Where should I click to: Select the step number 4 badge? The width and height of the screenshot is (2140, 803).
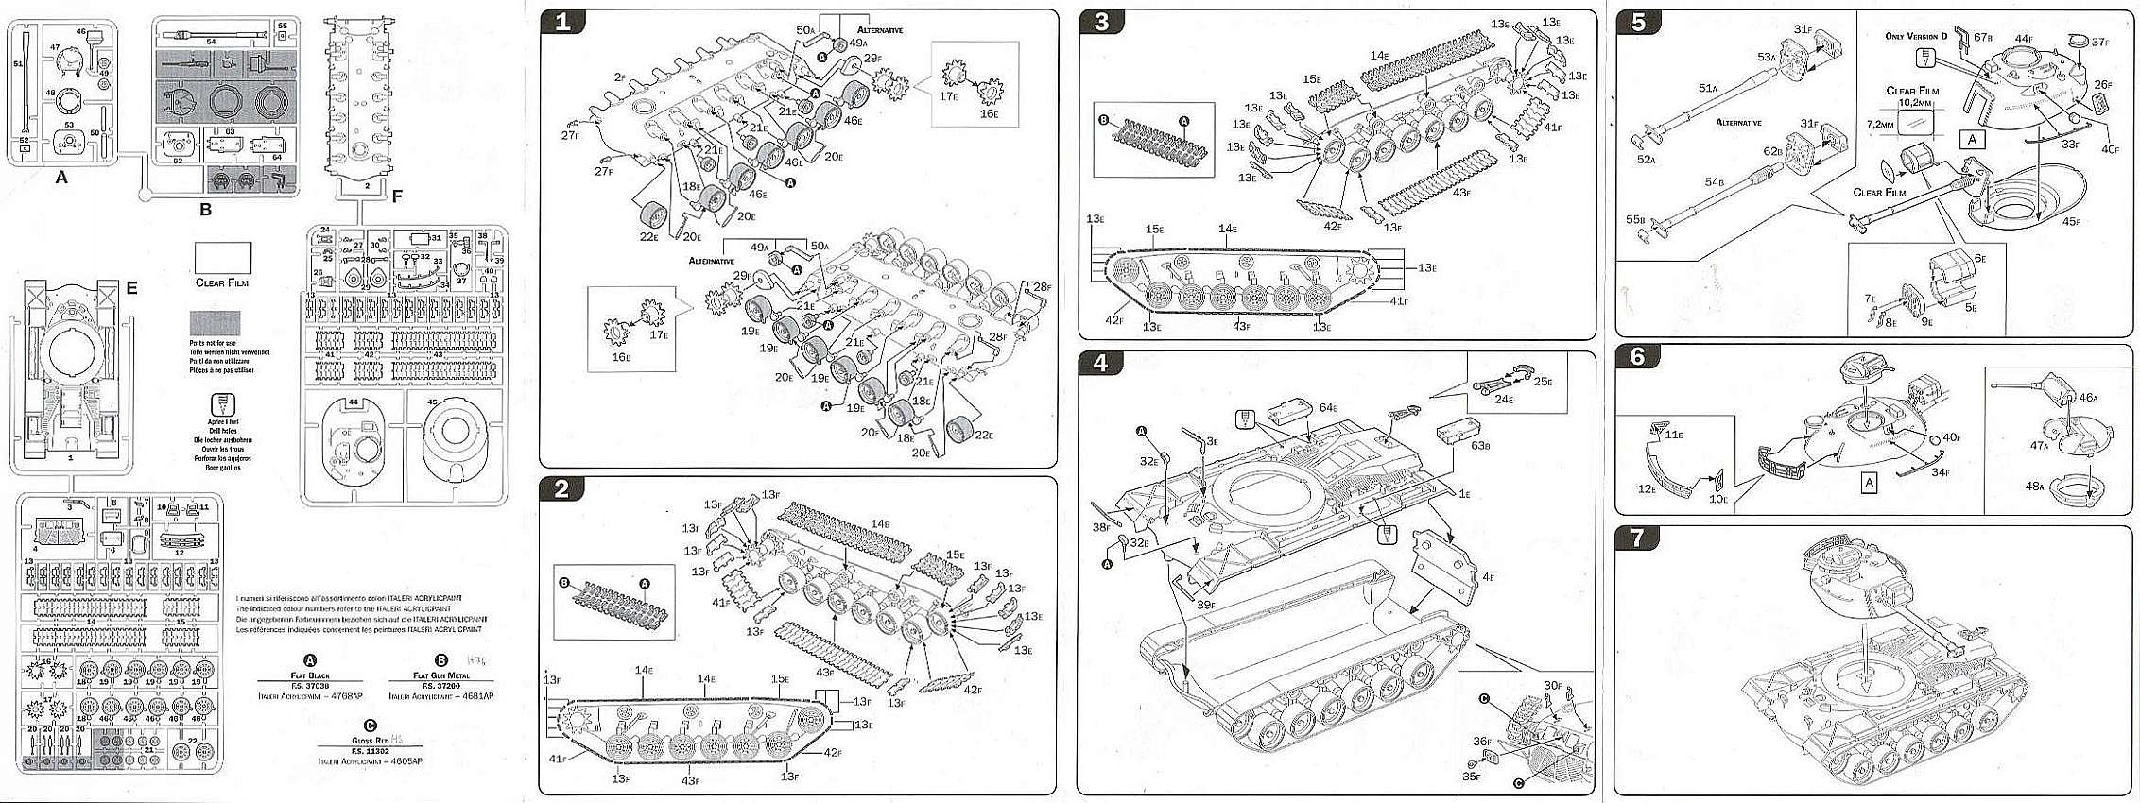(x=1100, y=364)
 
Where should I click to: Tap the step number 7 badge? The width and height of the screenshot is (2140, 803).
(x=1638, y=538)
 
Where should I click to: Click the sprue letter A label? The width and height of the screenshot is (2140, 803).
(x=61, y=177)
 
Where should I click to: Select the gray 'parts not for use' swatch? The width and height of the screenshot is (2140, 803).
(x=216, y=323)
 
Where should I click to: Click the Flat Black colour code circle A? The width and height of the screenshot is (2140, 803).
(x=310, y=660)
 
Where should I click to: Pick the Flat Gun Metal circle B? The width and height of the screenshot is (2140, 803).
(x=440, y=660)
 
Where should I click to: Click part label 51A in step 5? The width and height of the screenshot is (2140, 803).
(x=1708, y=89)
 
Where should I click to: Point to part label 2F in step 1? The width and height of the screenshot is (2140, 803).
(x=620, y=77)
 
